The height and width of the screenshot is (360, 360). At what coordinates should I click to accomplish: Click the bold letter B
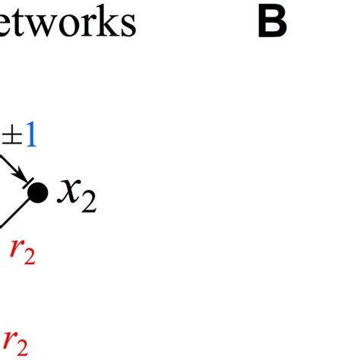click(272, 24)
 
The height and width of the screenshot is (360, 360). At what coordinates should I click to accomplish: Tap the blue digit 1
click(30, 137)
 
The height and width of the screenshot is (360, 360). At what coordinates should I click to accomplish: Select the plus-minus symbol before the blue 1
click(11, 137)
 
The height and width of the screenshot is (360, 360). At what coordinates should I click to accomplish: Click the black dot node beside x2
click(37, 193)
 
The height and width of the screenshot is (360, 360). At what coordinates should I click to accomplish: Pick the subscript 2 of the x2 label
click(89, 202)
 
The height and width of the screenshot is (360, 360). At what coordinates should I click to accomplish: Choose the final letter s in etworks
click(126, 26)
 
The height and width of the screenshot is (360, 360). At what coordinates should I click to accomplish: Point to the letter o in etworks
click(68, 26)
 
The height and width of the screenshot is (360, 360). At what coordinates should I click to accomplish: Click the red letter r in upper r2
click(13, 247)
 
